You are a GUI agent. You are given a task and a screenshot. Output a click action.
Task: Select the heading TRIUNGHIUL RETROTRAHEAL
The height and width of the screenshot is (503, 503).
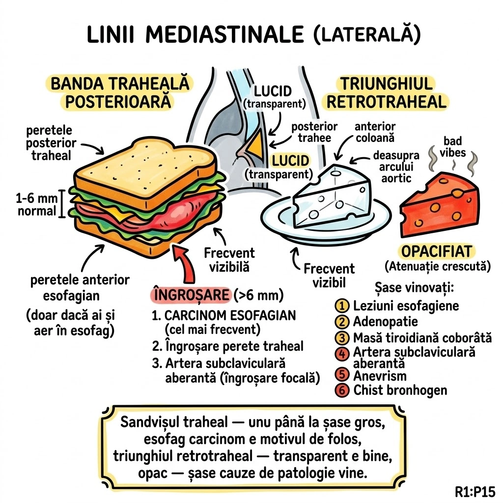click(387, 92)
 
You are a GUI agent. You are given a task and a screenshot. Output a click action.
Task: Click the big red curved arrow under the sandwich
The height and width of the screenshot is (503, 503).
click(189, 265)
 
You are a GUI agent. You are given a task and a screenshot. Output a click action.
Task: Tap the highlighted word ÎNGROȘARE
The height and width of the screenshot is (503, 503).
click(189, 296)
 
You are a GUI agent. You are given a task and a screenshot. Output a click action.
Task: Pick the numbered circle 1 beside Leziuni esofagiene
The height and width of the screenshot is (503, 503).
click(340, 306)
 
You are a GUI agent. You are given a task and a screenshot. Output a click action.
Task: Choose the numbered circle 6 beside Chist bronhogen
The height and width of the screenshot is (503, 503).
click(340, 391)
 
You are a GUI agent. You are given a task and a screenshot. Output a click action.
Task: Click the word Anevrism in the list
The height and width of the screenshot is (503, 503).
click(380, 376)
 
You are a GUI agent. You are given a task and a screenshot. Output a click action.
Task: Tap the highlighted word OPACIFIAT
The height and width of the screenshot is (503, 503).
click(436, 251)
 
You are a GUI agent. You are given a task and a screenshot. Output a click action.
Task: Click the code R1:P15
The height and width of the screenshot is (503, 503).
click(475, 491)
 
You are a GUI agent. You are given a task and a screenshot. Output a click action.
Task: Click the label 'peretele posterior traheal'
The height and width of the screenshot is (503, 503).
click(51, 142)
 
